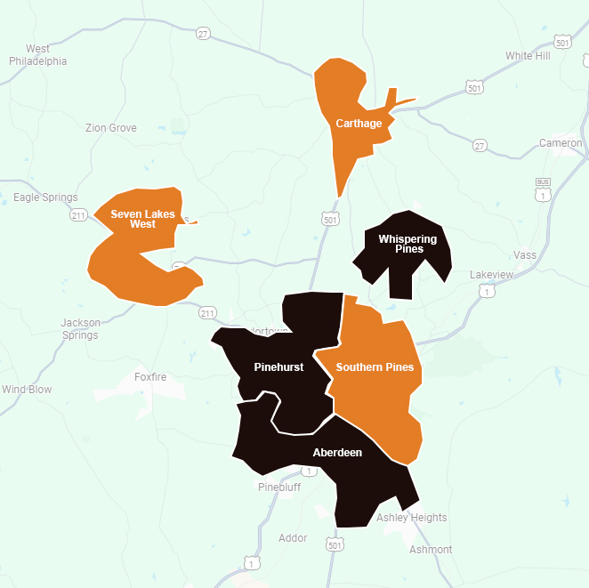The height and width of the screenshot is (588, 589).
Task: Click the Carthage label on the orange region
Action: pos(359,124)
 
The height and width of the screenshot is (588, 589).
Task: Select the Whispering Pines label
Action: pos(407,244)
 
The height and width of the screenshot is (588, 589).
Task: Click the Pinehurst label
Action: pos(278,367)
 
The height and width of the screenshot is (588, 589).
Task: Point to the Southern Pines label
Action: pos(375,367)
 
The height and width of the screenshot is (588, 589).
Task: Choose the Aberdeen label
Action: pos(337,453)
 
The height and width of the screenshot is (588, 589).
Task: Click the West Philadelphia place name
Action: pos(38,55)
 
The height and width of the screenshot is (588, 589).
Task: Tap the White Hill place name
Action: pos(528,56)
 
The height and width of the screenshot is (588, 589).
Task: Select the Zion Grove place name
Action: pos(111,128)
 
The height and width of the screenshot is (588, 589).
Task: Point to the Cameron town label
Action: pos(561,143)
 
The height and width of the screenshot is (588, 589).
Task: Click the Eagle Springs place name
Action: pos(46,197)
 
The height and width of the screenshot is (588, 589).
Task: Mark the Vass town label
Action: pos(526,255)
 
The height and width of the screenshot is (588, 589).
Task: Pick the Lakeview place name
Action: pos(491,275)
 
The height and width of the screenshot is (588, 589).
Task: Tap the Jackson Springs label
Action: pos(80,329)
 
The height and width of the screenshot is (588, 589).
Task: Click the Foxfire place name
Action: pos(150,377)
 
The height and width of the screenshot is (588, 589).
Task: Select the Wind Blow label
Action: pos(27,390)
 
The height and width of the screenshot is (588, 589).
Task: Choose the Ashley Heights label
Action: pos(412,518)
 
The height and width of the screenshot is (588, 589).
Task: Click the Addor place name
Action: pos(293,538)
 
